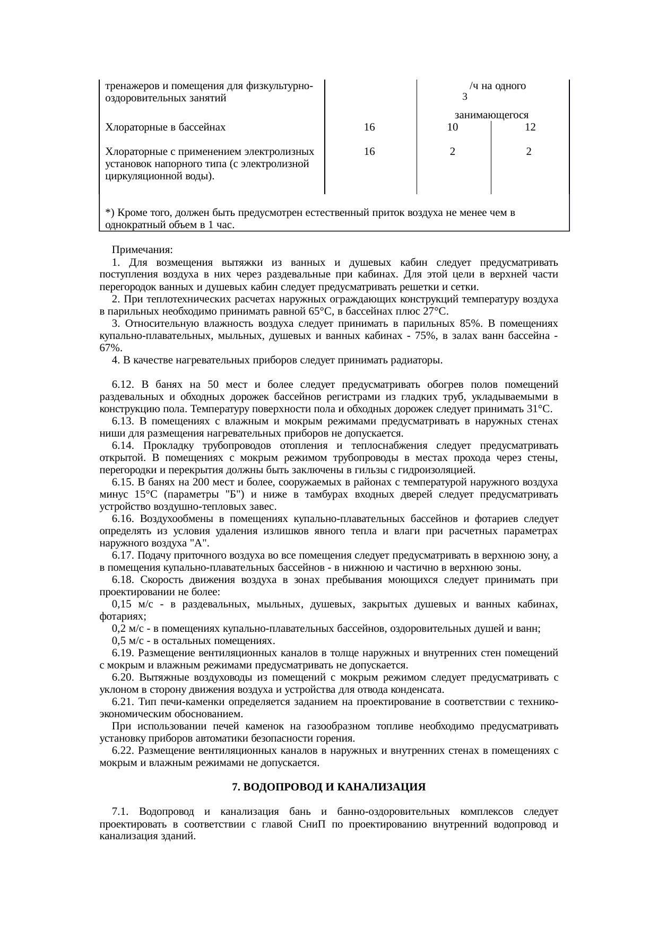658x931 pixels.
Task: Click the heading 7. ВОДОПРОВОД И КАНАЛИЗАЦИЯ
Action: point(329,787)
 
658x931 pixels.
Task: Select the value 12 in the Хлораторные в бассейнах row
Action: point(529,127)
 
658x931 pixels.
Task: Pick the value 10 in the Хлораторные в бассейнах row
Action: point(452,127)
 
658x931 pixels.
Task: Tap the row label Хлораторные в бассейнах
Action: point(166,127)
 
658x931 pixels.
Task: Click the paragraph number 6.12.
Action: point(122,384)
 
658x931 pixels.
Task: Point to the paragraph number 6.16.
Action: point(122,518)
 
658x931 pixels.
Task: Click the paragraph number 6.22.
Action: point(122,751)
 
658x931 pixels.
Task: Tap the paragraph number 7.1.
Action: point(120,812)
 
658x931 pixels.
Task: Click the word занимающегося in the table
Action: point(492,115)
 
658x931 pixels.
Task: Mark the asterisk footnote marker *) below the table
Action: point(110,213)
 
